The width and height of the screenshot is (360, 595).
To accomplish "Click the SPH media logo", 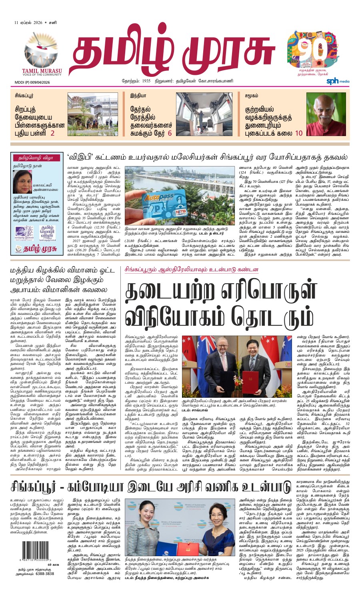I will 338,81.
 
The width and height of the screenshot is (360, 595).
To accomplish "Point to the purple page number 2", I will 52,134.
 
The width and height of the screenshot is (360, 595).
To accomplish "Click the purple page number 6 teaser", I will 170,134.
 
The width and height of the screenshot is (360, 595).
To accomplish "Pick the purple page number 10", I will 298,134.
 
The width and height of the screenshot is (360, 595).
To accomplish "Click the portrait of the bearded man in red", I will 326,114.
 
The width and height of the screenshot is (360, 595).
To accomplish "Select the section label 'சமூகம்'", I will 252,96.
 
